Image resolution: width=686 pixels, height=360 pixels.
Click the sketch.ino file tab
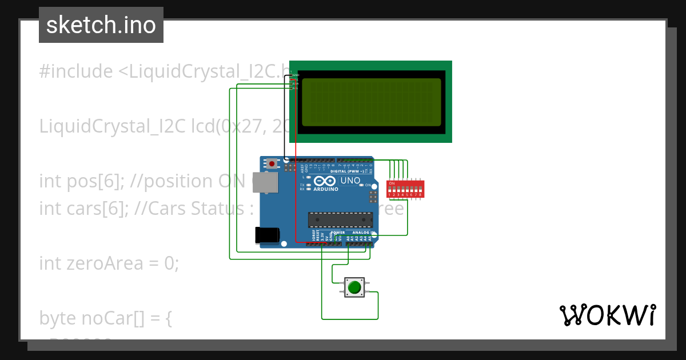(101, 25)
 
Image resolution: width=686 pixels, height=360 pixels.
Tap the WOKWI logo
(607, 315)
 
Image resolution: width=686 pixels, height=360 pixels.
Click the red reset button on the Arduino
(272, 164)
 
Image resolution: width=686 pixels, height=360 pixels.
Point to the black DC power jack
(266, 234)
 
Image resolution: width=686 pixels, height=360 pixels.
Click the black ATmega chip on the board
(341, 220)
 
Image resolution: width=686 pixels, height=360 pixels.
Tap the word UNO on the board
(350, 181)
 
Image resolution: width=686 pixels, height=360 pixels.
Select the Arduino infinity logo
(325, 181)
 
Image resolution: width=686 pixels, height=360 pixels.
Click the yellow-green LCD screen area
(371, 102)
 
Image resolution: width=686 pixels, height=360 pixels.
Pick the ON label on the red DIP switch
(392, 183)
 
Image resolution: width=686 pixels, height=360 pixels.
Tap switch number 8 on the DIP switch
(421, 189)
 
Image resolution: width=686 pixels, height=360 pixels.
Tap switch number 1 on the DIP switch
(390, 189)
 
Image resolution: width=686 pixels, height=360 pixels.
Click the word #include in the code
(76, 71)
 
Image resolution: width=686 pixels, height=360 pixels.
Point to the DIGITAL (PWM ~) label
(349, 171)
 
